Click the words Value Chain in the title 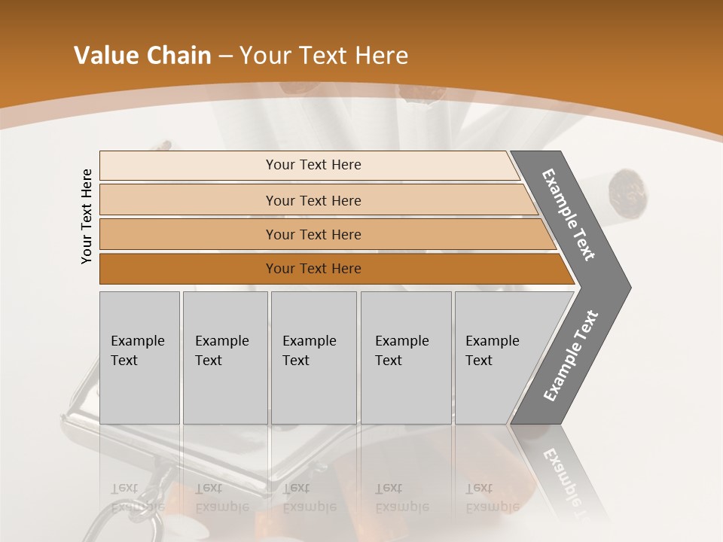click(142, 56)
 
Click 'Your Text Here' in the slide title click(324, 56)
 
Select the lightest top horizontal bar click(309, 165)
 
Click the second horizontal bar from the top click(313, 200)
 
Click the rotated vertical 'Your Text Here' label click(87, 216)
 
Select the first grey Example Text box click(139, 358)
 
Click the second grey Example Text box click(224, 358)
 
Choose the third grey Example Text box click(313, 358)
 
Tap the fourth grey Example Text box click(405, 358)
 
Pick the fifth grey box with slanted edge click(497, 358)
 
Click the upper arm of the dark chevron click(569, 215)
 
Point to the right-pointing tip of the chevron click(625, 287)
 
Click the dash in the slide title click(225, 56)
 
